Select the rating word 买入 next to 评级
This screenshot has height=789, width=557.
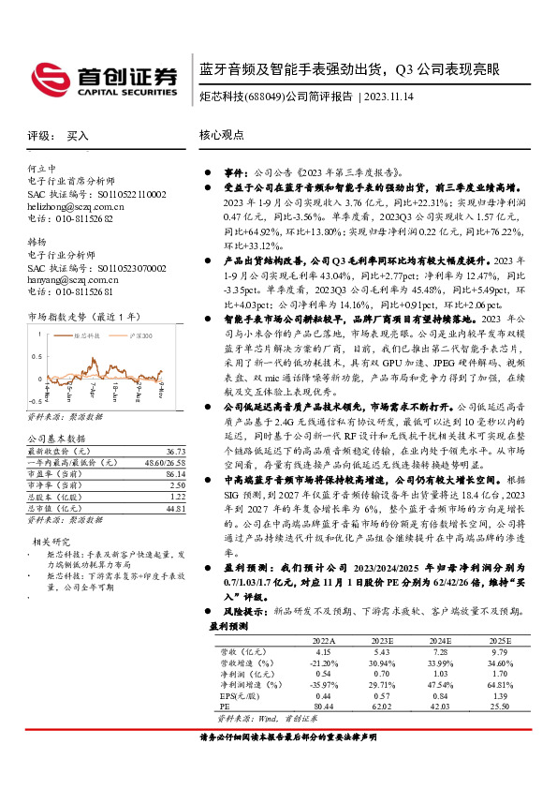tap(78, 136)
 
